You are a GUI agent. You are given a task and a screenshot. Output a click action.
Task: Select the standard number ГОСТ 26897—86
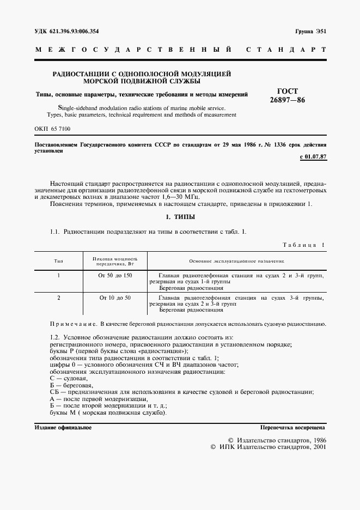click(288, 96)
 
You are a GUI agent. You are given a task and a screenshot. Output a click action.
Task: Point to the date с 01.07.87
click(313, 157)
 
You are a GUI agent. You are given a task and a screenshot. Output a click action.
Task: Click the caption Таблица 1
click(303, 245)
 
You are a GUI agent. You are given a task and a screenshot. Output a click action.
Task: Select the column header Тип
click(58, 262)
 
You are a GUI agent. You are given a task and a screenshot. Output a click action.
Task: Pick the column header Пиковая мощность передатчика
click(115, 262)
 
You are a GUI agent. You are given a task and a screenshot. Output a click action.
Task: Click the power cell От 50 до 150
click(115, 276)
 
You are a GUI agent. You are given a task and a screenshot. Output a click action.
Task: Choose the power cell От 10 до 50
click(115, 298)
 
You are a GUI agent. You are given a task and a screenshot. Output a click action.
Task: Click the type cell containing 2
click(58, 298)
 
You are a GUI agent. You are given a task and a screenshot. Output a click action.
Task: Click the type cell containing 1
click(58, 276)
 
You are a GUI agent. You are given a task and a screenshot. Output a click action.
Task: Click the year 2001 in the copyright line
click(316, 446)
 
